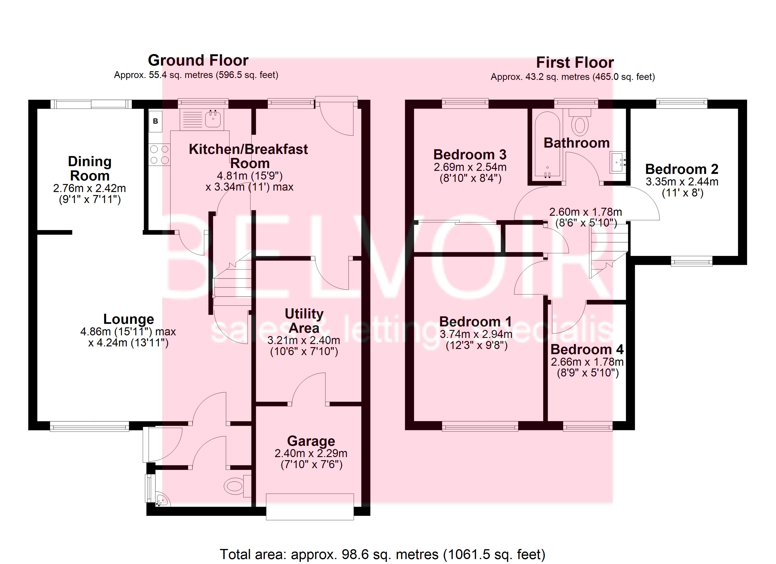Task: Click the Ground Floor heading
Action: coord(198,61)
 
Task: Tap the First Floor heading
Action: coord(574,63)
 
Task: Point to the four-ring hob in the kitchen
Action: coord(159,155)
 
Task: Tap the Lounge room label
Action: coord(129,319)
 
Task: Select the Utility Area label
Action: coord(304,321)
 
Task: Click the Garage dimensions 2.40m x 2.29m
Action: coord(311,454)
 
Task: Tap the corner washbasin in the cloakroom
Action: coord(162,501)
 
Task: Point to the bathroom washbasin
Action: coord(618,162)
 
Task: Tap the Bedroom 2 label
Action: coord(681,169)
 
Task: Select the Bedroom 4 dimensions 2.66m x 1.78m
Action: coord(587,362)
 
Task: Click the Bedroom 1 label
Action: coord(475,322)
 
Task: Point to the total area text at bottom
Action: coord(382,554)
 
